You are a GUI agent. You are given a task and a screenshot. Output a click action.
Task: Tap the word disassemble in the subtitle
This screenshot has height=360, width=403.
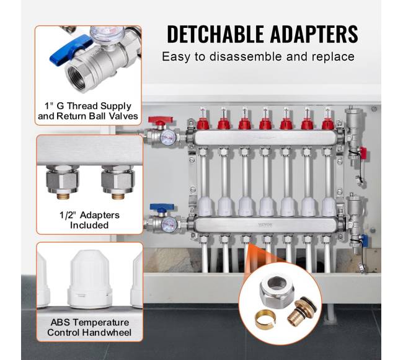click(x=246, y=56)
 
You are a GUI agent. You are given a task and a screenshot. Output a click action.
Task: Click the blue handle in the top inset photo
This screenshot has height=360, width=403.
click(x=71, y=51)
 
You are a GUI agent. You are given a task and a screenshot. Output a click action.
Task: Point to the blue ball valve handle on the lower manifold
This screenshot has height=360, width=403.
click(x=162, y=207)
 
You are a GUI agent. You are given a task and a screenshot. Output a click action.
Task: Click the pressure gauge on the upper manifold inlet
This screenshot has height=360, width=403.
click(x=167, y=137)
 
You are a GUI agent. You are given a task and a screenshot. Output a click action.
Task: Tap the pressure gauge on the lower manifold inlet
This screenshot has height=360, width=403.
click(x=169, y=224)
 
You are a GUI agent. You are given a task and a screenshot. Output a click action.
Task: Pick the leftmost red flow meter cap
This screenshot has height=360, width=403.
click(x=203, y=124)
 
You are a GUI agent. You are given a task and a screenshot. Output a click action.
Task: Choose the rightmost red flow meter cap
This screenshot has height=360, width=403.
click(x=328, y=124)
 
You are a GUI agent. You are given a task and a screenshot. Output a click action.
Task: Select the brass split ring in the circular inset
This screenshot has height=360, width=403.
click(x=265, y=320)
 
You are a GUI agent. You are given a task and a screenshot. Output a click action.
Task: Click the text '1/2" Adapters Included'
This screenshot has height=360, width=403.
click(x=89, y=220)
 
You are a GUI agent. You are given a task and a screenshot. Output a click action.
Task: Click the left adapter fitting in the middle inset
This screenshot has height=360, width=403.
click(x=63, y=182)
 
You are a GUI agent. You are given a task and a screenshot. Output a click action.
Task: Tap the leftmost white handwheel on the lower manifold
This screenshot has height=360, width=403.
click(x=205, y=206)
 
